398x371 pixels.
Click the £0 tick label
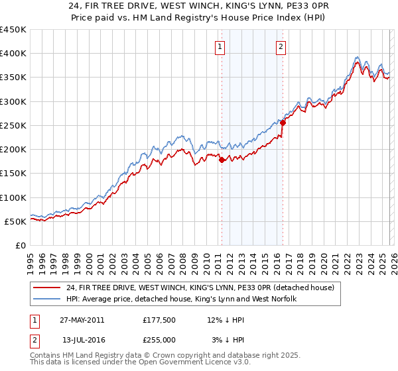pyautogui.click(x=21, y=245)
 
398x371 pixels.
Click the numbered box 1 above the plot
pyautogui.click(x=220, y=46)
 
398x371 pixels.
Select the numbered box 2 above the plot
pyautogui.click(x=281, y=46)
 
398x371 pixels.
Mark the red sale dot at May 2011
pyautogui.click(x=222, y=160)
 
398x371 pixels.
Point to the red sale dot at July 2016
pyautogui.click(x=283, y=123)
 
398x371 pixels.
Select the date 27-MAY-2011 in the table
pyautogui.click(x=82, y=319)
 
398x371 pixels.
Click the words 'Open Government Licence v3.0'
pyautogui.click(x=196, y=364)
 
